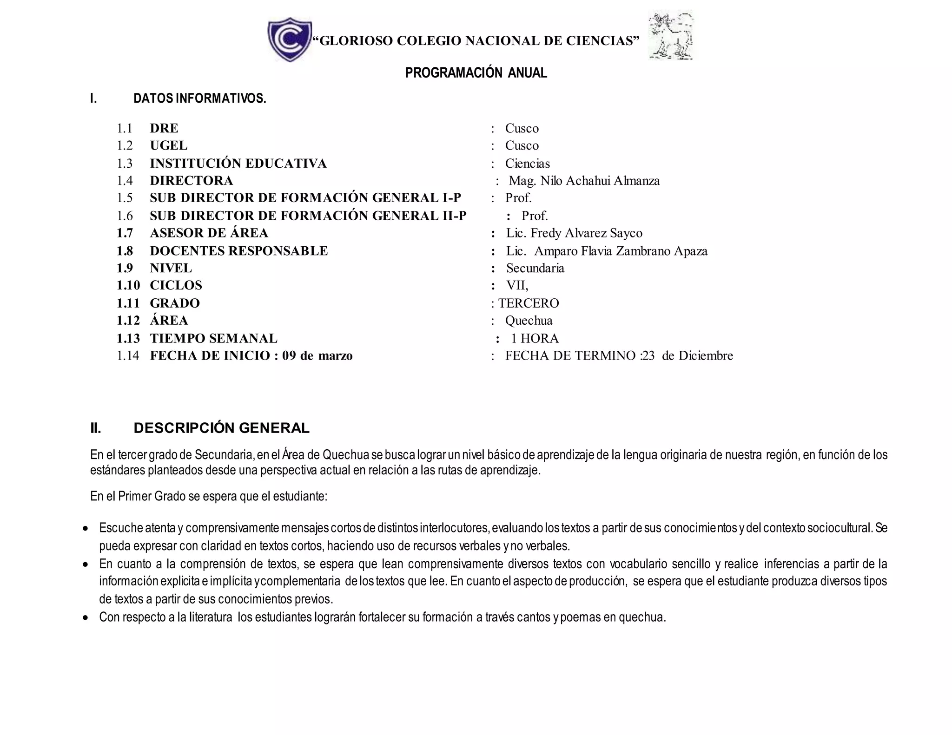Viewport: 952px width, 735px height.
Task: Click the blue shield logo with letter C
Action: click(289, 39)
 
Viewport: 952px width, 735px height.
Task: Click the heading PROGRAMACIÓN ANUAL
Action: click(476, 73)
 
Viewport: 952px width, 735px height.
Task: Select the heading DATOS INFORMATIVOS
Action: click(200, 98)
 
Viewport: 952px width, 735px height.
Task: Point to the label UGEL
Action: click(168, 145)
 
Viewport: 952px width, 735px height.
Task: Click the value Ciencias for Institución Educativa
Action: click(527, 164)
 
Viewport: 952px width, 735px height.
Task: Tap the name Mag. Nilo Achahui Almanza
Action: click(584, 181)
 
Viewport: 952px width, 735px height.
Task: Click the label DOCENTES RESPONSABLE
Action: click(238, 251)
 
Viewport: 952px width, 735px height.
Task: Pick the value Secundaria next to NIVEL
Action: click(535, 268)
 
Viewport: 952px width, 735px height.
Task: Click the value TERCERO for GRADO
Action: click(529, 303)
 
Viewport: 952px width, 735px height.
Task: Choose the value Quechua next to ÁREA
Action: click(529, 321)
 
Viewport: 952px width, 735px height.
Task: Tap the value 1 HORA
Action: click(535, 338)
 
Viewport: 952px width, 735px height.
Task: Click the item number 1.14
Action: click(128, 356)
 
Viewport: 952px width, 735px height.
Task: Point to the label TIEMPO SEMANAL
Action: click(213, 338)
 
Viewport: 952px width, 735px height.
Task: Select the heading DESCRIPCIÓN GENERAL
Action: click(221, 428)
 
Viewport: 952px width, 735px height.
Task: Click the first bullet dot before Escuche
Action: click(85, 529)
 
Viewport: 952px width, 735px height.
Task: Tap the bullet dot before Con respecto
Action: click(85, 618)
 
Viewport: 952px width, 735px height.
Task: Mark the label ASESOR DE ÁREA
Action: click(209, 233)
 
